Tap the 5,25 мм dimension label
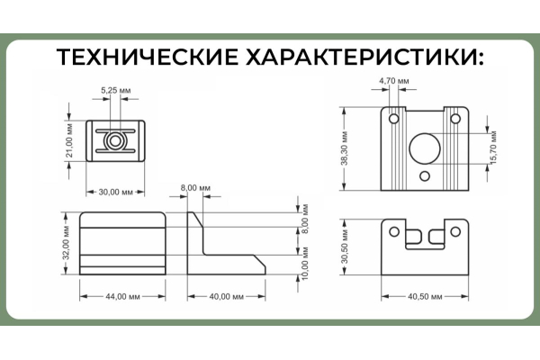115,91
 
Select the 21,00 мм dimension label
69,142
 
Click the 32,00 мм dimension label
65,243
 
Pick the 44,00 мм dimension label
121,297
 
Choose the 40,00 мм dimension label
229,297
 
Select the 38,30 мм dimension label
345,148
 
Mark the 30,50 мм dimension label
345,247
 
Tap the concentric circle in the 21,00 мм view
115,141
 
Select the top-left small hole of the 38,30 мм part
392,117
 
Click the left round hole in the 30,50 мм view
395,231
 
